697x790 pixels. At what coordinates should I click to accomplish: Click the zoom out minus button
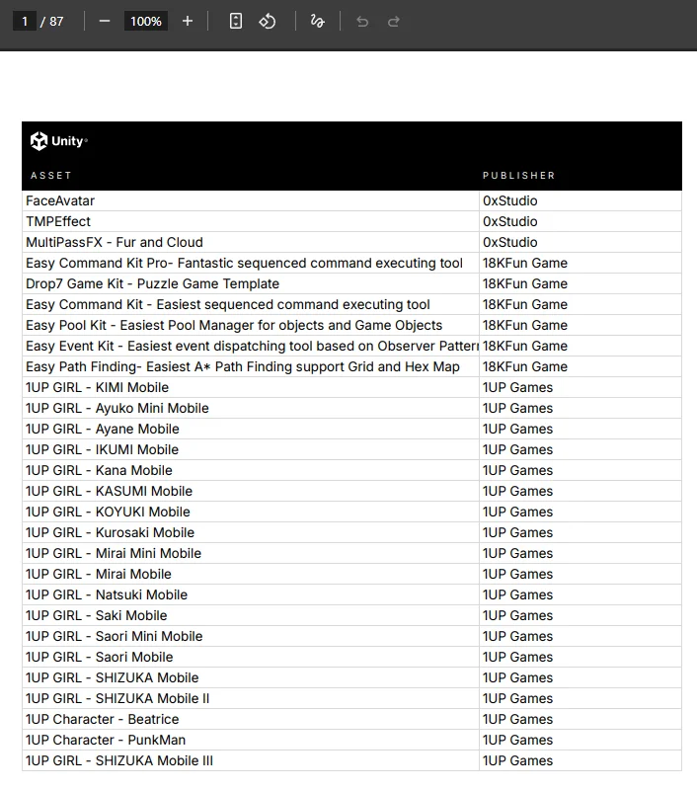tap(105, 21)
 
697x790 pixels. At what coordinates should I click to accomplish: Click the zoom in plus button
tap(188, 21)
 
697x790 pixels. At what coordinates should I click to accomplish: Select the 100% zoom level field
tap(146, 21)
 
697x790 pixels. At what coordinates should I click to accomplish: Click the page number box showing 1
tap(25, 21)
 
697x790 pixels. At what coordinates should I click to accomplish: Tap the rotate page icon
tap(268, 21)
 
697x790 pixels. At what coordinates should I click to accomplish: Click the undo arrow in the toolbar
tap(362, 21)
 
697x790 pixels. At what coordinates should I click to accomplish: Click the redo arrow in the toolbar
tap(394, 21)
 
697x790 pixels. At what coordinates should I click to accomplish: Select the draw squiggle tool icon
tap(317, 21)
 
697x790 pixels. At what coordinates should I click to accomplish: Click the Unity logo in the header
tap(58, 141)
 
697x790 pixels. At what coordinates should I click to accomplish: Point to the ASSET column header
tap(51, 176)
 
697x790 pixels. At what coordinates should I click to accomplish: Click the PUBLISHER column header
tap(518, 176)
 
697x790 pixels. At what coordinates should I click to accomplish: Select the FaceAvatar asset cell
tap(60, 200)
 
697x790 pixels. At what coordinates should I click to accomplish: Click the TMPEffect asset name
tap(58, 221)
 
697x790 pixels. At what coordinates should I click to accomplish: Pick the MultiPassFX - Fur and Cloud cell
tap(115, 242)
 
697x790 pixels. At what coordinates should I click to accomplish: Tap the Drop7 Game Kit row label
tap(152, 283)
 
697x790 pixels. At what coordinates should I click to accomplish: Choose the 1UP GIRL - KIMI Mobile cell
tap(97, 387)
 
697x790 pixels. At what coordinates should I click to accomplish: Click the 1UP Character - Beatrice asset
tap(102, 719)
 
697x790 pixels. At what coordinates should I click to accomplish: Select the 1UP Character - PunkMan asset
tap(106, 740)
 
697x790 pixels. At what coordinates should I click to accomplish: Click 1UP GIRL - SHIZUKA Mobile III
tap(119, 760)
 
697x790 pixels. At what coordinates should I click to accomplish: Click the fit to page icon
tap(236, 21)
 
